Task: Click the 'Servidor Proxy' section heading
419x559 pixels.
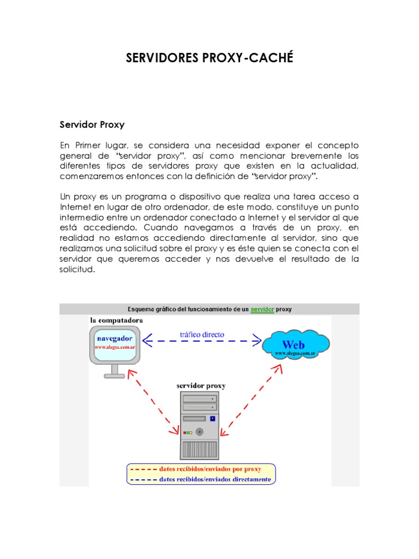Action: [92, 124]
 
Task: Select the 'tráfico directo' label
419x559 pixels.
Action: [202, 334]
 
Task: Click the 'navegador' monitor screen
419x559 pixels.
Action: [115, 343]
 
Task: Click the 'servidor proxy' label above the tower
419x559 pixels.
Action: [201, 385]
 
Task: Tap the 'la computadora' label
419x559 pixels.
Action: [117, 319]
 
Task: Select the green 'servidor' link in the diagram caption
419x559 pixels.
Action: [262, 309]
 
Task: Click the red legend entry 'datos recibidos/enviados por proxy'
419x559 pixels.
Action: [210, 469]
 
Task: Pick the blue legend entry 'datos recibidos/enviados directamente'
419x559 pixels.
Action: [215, 479]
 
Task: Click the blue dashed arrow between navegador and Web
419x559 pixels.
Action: [202, 342]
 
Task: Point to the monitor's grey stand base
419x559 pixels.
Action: [115, 375]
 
